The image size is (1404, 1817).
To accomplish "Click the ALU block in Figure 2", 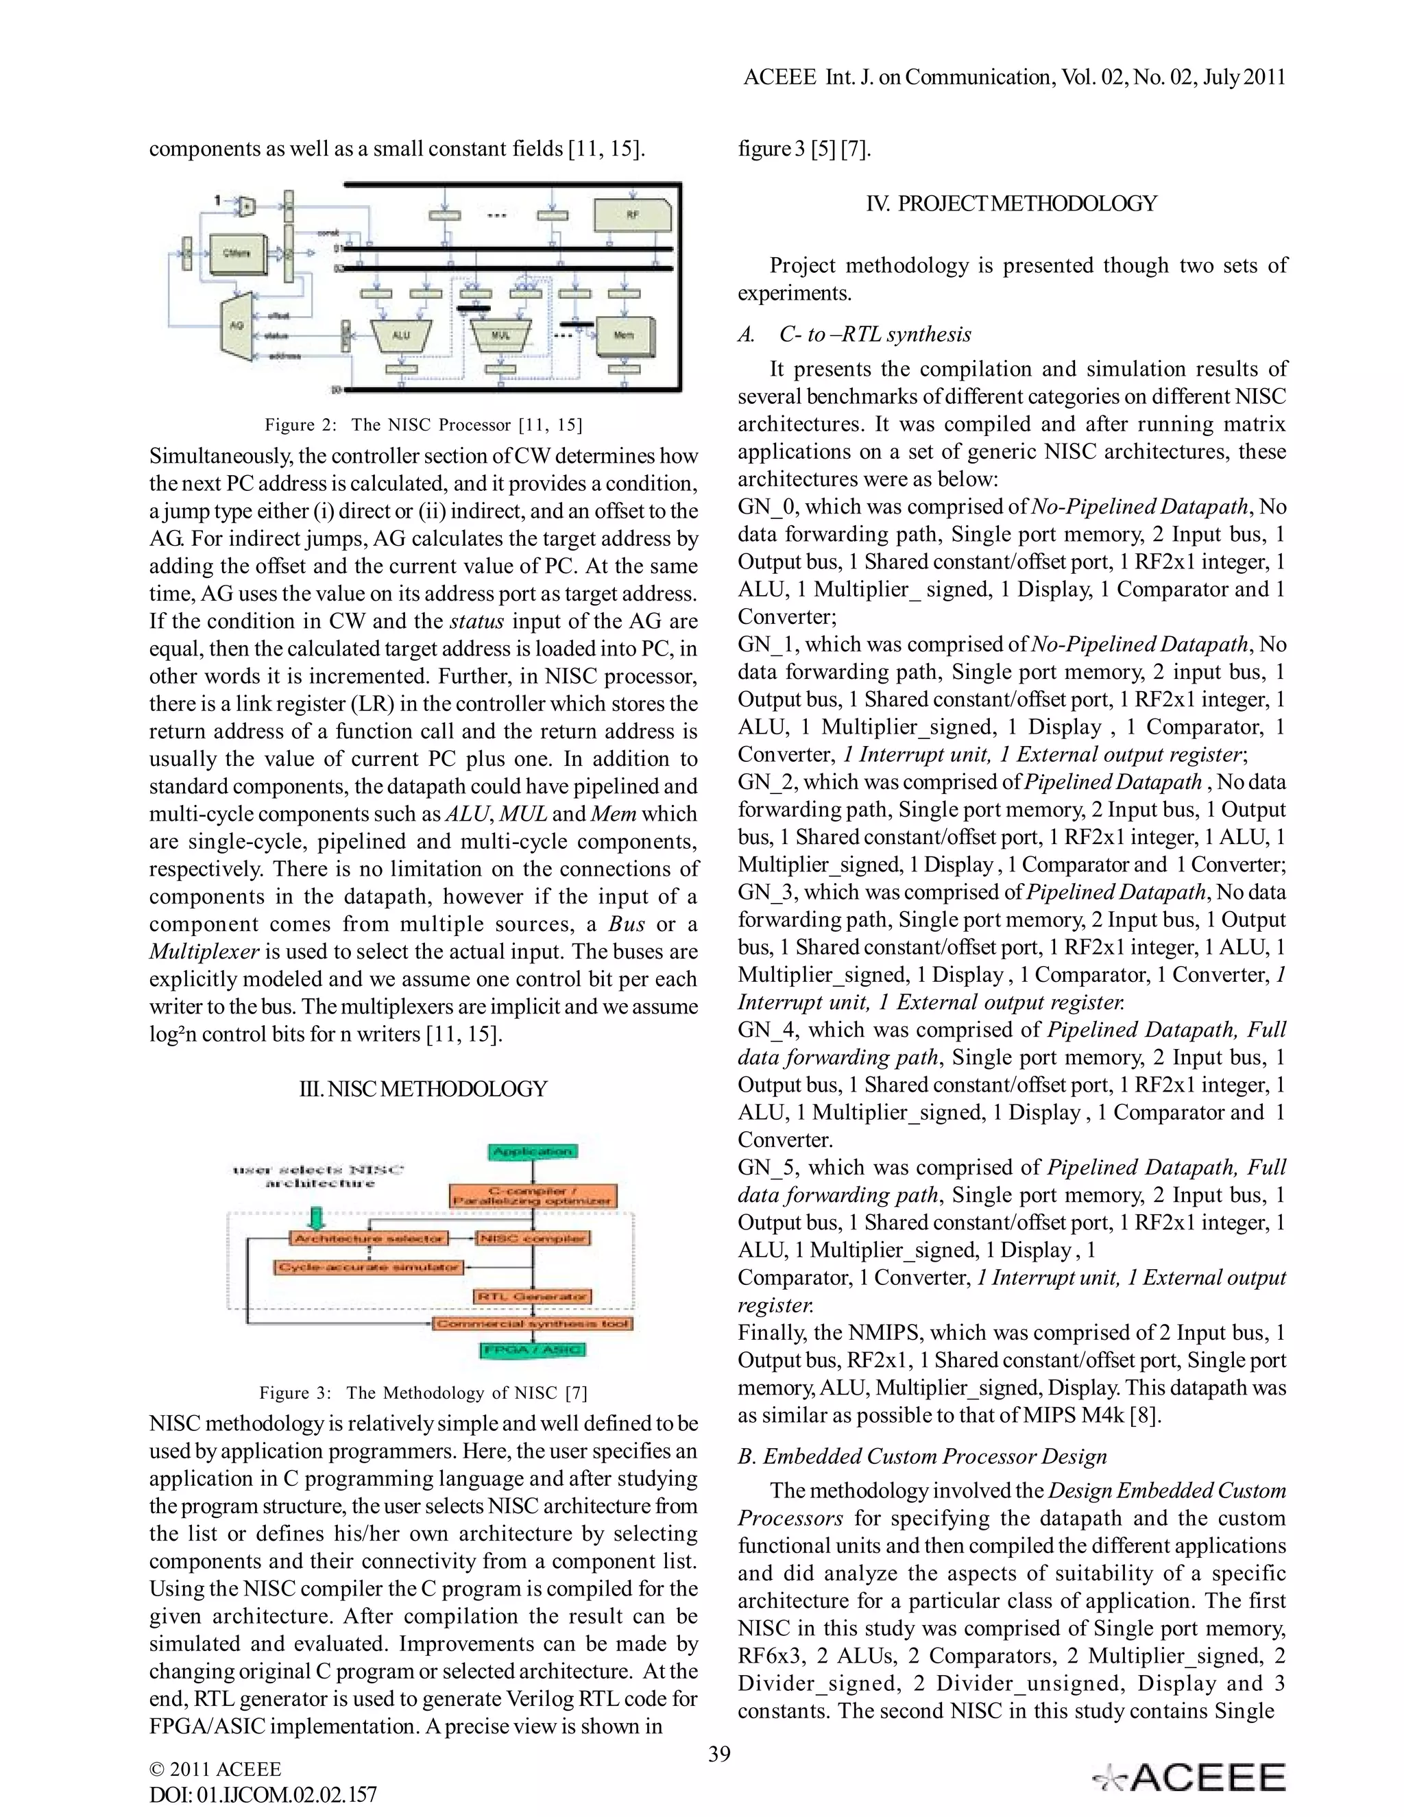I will point(401,335).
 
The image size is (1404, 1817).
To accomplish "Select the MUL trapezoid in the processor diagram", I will point(500,335).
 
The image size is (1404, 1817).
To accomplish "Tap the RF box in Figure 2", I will point(633,215).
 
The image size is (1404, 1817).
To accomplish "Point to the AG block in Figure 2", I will point(237,325).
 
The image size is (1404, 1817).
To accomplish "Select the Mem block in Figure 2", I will point(625,335).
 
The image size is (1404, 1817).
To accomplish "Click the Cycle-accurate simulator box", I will point(368,1267).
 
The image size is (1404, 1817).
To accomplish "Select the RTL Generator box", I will point(532,1296).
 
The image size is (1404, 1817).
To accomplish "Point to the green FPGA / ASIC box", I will point(532,1350).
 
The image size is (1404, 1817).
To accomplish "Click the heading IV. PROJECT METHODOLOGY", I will point(1011,204).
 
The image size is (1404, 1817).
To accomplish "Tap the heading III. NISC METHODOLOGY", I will point(424,1089).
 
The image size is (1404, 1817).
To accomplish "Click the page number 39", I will point(719,1754).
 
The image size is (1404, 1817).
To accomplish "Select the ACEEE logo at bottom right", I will point(1190,1777).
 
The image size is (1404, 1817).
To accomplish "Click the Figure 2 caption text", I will point(424,425).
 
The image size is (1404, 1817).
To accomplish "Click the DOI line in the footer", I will point(263,1794).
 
